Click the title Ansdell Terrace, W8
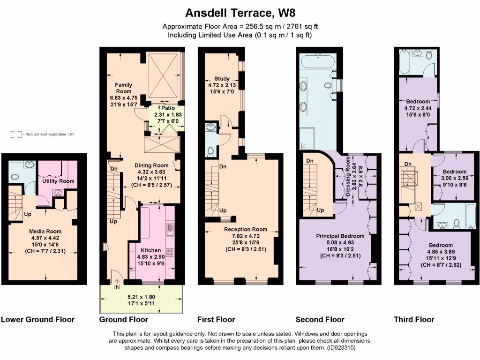click(240, 12)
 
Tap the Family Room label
click(124, 88)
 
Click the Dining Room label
click(151, 165)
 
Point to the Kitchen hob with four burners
click(170, 252)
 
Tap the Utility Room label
click(59, 181)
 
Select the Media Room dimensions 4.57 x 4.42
click(45, 238)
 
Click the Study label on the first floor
click(222, 79)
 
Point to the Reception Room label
click(246, 229)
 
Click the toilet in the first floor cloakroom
click(210, 151)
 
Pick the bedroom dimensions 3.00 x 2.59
click(454, 178)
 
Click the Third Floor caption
click(414, 320)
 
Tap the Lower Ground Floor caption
click(38, 320)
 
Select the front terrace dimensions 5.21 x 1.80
click(142, 297)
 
